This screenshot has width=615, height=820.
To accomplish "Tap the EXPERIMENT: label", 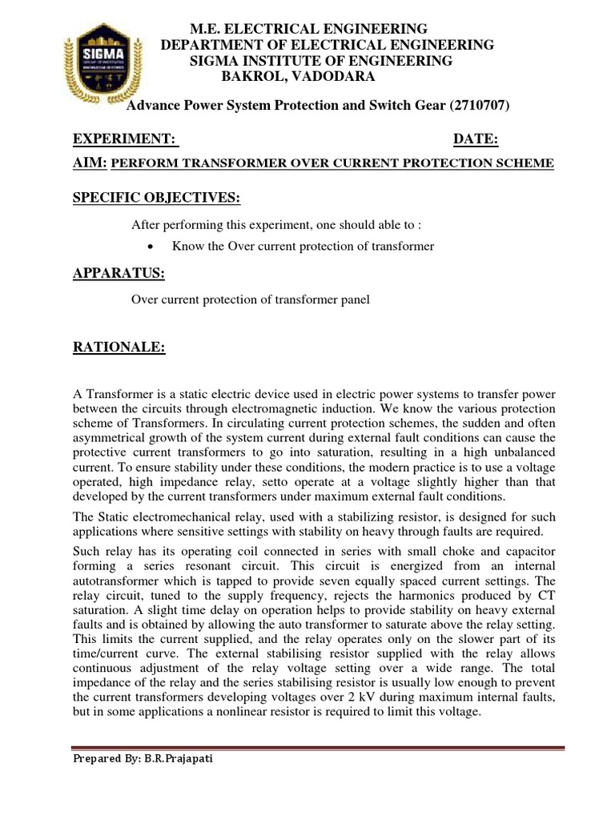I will coord(125,140).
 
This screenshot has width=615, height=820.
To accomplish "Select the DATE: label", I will coord(476,140).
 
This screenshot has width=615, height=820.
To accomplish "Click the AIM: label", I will coord(90,163).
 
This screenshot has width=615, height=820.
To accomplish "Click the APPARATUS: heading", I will coord(119,274).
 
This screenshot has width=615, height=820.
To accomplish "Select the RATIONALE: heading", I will coord(119,347).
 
